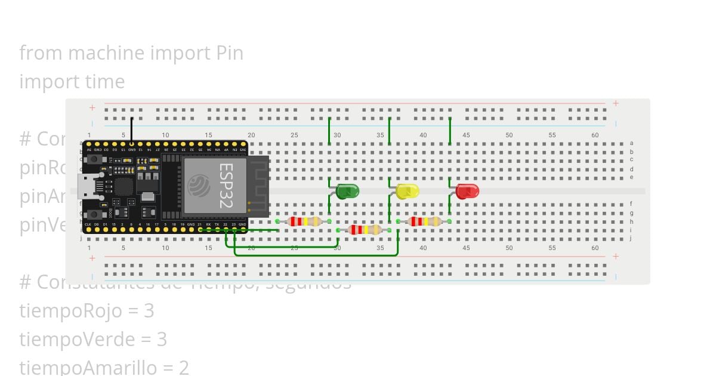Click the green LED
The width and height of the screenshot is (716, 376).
347,192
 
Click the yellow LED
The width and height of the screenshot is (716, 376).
408,192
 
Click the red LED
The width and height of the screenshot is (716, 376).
467,192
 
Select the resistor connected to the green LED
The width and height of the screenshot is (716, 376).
304,221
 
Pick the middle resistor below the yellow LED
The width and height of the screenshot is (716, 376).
365,230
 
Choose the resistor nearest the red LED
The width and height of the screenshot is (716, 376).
424,221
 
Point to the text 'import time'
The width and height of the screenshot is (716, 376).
72,82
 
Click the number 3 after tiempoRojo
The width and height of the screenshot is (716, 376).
149,311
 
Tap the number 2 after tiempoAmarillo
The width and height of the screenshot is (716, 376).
184,367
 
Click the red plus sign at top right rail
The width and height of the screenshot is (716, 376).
616,103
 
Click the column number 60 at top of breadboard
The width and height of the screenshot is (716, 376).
595,135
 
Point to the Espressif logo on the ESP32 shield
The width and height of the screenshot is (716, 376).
199,186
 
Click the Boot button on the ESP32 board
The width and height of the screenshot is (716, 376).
94,214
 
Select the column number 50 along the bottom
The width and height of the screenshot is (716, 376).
509,248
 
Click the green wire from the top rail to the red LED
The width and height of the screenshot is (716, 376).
450,131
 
